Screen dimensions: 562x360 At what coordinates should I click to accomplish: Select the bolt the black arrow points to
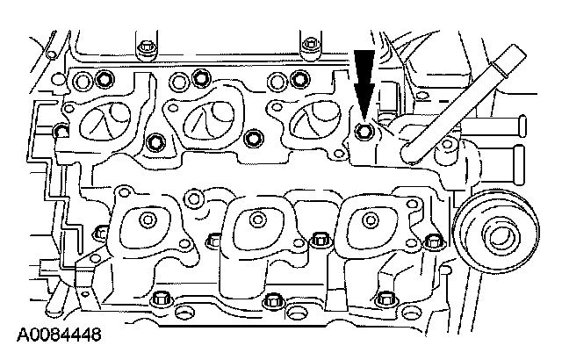[365, 133]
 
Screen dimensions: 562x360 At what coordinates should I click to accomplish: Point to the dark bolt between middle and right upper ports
[255, 138]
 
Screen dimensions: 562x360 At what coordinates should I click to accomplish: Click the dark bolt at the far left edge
[61, 133]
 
